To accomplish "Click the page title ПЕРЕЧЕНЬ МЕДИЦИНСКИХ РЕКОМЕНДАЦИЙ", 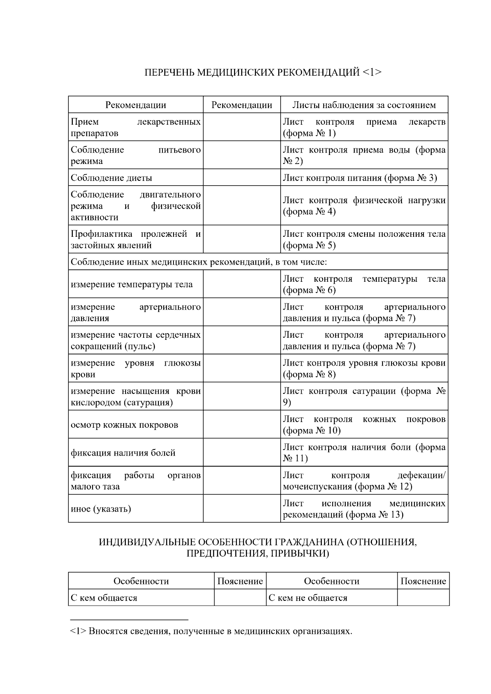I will pyautogui.click(x=263, y=73).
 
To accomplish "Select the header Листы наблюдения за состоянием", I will pyautogui.click(x=364, y=105).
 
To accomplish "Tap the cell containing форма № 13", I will pyautogui.click(x=364, y=509).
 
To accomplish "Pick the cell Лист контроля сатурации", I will pyautogui.click(x=364, y=397).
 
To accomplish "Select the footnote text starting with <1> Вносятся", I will pyautogui.click(x=211, y=631).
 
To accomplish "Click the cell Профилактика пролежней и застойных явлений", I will pyautogui.click(x=135, y=240).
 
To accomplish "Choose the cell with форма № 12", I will pyautogui.click(x=364, y=481).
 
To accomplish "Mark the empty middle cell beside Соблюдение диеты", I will pyautogui.click(x=241, y=178).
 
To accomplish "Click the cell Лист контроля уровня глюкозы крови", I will pyautogui.click(x=364, y=368).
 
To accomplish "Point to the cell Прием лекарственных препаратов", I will pyautogui.click(x=135, y=127).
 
